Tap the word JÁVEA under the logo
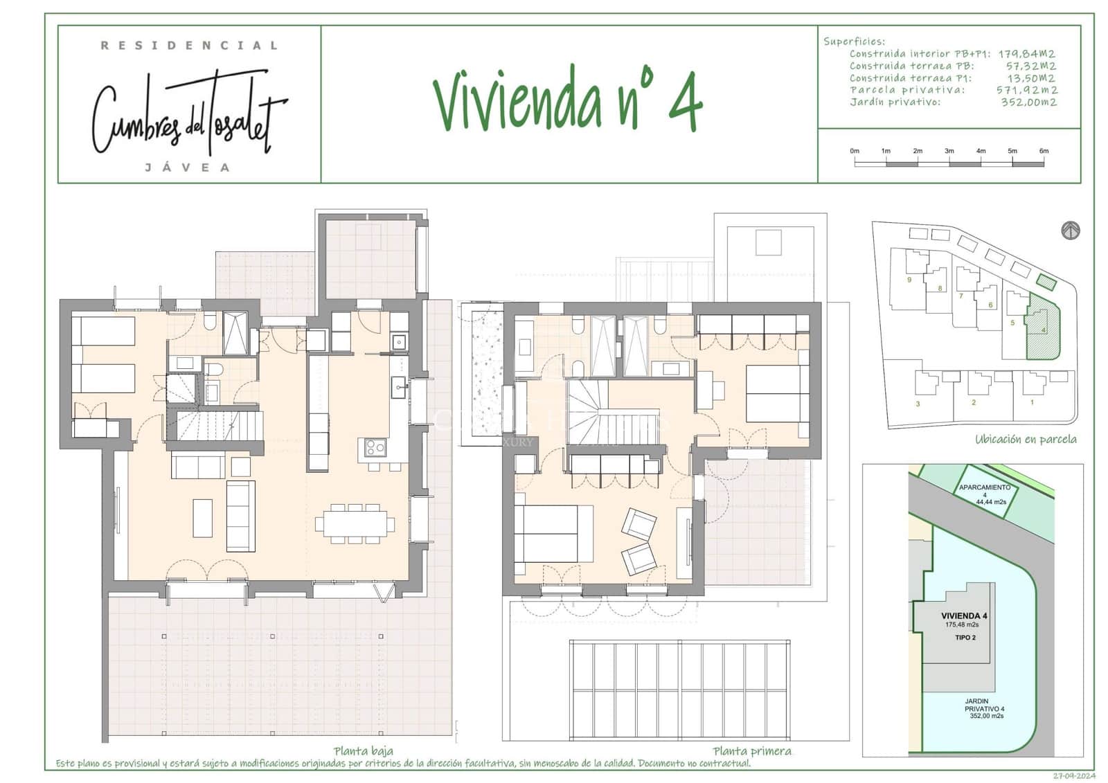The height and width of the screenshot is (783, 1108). point(188,168)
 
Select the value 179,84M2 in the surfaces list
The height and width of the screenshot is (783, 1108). point(1026,53)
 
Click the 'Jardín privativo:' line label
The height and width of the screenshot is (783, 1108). point(895,102)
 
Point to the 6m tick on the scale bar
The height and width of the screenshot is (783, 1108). point(1044,151)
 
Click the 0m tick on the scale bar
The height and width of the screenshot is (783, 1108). point(855,151)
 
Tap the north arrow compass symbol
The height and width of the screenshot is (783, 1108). point(1071,231)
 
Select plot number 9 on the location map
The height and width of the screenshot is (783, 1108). point(909,280)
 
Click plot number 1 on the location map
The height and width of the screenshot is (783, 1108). point(1032,402)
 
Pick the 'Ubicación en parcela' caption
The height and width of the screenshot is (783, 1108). point(1026,439)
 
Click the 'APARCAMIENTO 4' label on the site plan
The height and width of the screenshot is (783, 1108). point(984,491)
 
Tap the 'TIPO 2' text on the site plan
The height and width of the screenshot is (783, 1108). point(965,638)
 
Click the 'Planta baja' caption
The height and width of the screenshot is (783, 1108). point(363,751)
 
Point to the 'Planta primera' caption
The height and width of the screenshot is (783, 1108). point(751,751)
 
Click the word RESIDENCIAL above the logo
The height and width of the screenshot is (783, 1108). point(189,46)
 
